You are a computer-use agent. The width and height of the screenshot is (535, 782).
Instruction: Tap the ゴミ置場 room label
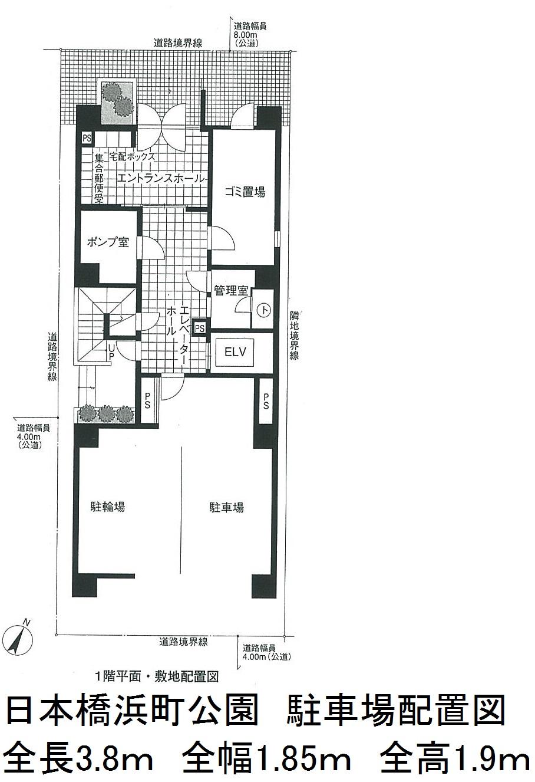(245, 192)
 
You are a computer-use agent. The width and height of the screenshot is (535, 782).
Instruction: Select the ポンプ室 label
(108, 242)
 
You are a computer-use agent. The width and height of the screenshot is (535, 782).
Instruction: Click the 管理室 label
(231, 290)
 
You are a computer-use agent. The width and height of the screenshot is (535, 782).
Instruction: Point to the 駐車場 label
(226, 507)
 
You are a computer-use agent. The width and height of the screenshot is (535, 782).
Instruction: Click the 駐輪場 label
(108, 506)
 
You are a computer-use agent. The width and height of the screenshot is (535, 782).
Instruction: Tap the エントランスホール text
(160, 178)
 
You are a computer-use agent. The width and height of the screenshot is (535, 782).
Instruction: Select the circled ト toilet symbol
(264, 310)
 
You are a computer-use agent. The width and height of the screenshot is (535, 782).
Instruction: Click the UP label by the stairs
(111, 351)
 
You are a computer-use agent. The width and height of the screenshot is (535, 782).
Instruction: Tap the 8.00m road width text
(246, 35)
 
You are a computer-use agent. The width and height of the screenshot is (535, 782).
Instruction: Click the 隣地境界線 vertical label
(293, 335)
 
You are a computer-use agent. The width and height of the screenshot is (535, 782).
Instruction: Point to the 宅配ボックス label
(132, 156)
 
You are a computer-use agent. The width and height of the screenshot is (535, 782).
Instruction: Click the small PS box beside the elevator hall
(200, 328)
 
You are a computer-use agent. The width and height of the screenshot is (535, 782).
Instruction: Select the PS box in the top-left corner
(87, 138)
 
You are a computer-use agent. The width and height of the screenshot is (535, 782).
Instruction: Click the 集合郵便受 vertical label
(99, 178)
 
